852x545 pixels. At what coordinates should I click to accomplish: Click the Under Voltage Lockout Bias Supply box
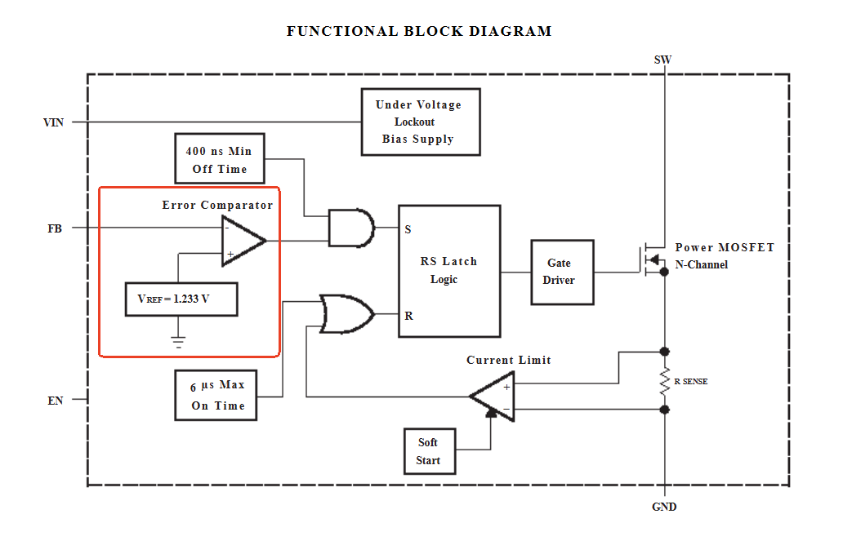point(421,122)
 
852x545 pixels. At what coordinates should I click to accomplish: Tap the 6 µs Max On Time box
point(216,395)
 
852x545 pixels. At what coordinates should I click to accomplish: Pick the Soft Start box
point(428,451)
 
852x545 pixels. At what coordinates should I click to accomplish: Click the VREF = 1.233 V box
point(181,299)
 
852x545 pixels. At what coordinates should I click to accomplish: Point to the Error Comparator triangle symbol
point(243,241)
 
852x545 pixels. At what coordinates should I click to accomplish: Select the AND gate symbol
point(350,228)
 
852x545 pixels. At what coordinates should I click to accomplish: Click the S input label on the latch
point(408,229)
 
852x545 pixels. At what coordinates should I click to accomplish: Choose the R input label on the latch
point(408,316)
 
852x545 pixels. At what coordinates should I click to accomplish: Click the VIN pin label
point(53,122)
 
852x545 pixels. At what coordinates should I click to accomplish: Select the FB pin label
point(55,228)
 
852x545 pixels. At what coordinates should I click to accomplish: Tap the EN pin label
point(55,401)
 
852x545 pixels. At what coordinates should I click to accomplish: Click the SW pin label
point(663,60)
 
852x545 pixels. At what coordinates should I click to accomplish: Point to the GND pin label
point(664,507)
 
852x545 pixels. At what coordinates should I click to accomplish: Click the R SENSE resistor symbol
point(664,381)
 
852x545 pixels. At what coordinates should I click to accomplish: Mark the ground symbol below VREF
point(179,341)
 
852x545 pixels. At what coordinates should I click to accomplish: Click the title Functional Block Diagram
point(419,32)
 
